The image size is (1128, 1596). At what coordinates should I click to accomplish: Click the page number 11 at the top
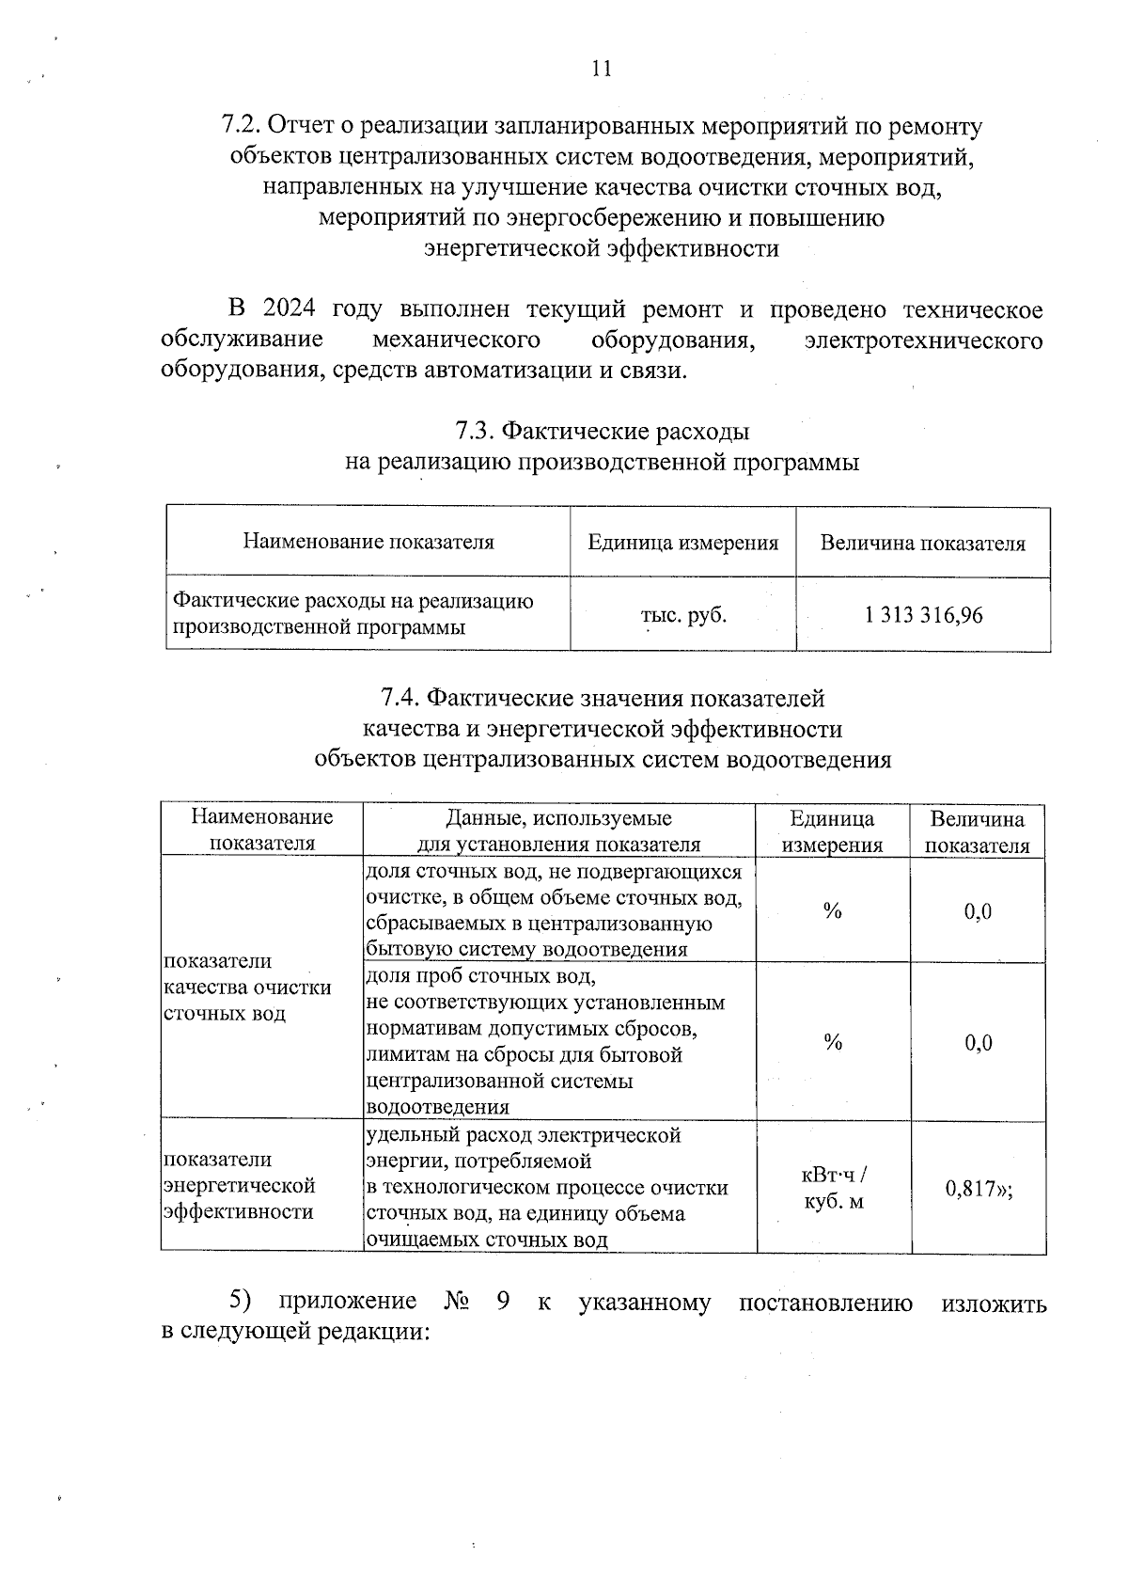pyautogui.click(x=602, y=69)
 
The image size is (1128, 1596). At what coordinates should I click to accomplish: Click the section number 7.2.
pyautogui.click(x=241, y=126)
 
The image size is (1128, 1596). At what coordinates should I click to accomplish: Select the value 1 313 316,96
pyautogui.click(x=923, y=615)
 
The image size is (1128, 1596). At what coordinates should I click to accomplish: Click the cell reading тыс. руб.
pyautogui.click(x=683, y=615)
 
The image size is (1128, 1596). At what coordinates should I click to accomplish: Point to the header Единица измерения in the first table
pyautogui.click(x=683, y=543)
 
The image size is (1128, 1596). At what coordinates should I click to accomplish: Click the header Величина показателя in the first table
pyautogui.click(x=923, y=543)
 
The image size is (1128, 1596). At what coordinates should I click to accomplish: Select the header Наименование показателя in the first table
pyautogui.click(x=368, y=542)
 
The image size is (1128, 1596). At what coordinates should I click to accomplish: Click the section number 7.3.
pyautogui.click(x=475, y=432)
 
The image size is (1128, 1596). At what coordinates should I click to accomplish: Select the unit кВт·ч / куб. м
pyautogui.click(x=833, y=1188)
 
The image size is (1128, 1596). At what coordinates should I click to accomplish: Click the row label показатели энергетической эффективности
pyautogui.click(x=239, y=1186)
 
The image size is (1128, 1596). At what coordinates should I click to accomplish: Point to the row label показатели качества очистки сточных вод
pyautogui.click(x=247, y=988)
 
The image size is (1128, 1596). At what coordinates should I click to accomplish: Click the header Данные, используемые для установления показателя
pyautogui.click(x=558, y=830)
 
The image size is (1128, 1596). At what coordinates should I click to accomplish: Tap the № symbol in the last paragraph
pyautogui.click(x=458, y=1303)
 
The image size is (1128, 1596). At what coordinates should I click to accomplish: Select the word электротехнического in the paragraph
pyautogui.click(x=924, y=340)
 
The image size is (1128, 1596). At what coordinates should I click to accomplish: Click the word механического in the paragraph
pyautogui.click(x=456, y=340)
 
